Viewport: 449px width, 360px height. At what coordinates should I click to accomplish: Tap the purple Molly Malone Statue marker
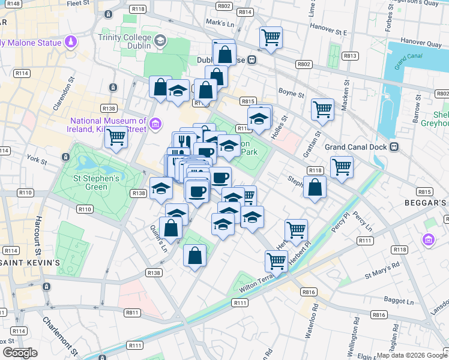(71, 43)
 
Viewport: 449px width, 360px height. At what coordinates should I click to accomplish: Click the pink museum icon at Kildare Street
(155, 124)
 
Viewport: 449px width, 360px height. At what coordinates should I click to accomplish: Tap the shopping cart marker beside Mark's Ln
(271, 38)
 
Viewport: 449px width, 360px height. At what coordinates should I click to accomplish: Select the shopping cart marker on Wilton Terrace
(276, 261)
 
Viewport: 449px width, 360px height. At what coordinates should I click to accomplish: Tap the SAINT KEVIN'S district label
(30, 263)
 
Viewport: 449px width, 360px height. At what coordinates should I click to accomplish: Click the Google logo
(20, 352)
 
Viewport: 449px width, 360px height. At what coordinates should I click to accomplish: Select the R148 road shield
(13, 4)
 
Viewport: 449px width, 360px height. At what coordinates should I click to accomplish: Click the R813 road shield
(350, 56)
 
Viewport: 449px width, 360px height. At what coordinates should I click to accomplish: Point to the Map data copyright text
(412, 355)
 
